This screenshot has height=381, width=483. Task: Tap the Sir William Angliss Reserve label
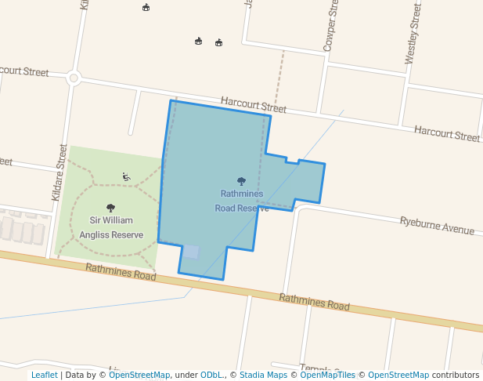pos(110,227)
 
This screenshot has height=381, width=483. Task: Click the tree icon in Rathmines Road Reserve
pos(241,181)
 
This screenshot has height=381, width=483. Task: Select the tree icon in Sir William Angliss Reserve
pos(110,209)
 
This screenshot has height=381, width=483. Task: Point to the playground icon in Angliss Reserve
pos(126,176)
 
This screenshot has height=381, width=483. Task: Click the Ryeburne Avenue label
pos(437,226)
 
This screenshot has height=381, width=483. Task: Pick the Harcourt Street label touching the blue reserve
pos(253,104)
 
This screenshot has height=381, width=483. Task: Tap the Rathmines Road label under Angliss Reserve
pos(121,271)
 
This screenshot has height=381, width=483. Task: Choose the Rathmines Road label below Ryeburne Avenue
pos(314,302)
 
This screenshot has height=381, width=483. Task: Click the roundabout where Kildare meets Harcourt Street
pos(74,78)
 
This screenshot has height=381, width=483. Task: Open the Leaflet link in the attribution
pos(44,375)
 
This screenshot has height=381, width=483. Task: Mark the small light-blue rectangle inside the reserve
pos(191,252)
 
